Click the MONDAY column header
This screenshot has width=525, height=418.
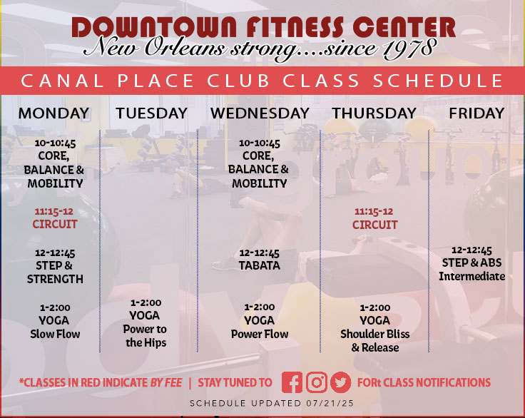(x=54, y=113)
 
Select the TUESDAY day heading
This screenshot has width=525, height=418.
(x=152, y=113)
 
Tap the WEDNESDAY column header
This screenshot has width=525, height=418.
(x=260, y=113)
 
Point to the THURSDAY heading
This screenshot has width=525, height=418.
(x=374, y=113)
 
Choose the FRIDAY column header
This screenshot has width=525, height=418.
(x=476, y=113)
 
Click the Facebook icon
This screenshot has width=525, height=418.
(x=292, y=382)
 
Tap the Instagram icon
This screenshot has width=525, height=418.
(x=317, y=382)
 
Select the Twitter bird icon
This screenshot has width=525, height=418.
(x=341, y=382)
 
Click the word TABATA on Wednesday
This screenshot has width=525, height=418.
(x=260, y=265)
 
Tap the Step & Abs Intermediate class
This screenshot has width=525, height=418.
(x=472, y=264)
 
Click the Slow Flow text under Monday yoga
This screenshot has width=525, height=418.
(x=55, y=334)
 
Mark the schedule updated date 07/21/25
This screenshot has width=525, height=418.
(x=330, y=403)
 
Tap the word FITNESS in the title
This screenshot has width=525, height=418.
(x=295, y=27)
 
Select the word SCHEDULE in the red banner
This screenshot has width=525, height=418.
(x=437, y=81)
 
